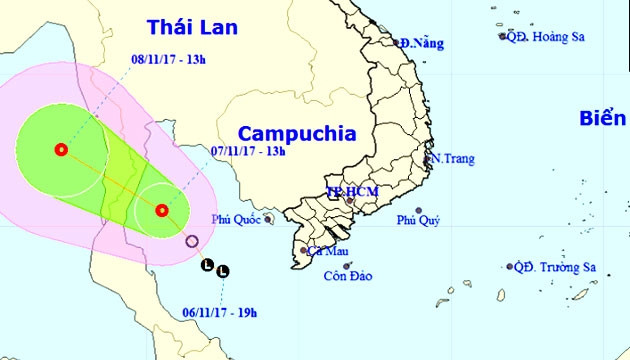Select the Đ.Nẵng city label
(420, 43)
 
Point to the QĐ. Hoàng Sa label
(546, 36)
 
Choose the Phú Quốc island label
(234, 219)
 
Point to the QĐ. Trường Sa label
(552, 267)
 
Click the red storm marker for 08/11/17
(62, 150)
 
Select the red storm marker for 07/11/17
(162, 210)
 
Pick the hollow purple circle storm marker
(193, 241)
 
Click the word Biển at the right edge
(604, 119)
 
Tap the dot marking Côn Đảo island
(346, 265)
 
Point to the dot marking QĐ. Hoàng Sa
(503, 36)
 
